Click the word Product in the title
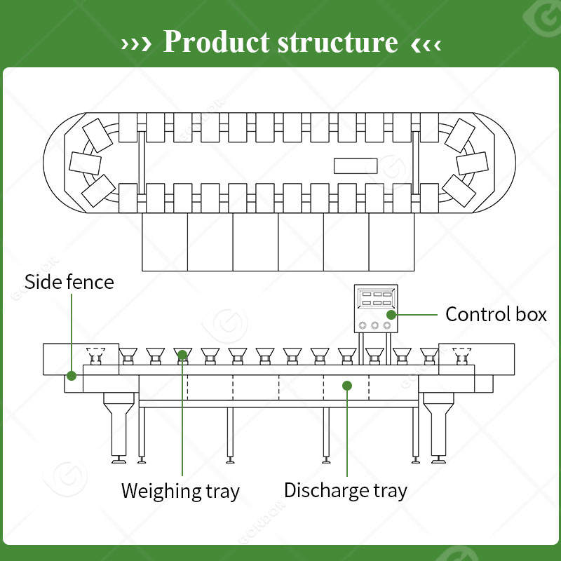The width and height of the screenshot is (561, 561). [216, 42]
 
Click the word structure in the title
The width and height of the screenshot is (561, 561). [338, 43]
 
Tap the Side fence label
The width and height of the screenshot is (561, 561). [69, 282]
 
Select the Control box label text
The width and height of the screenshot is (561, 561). [496, 314]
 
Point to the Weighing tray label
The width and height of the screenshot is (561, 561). [180, 491]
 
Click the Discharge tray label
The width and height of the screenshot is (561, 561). [346, 490]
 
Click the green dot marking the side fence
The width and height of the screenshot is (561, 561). [72, 376]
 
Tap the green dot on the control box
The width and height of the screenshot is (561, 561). [391, 315]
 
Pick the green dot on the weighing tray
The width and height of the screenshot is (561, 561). [182, 355]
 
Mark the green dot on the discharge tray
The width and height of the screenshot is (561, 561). [347, 385]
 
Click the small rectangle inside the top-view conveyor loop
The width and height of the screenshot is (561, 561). [356, 166]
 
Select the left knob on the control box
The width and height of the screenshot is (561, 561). [363, 325]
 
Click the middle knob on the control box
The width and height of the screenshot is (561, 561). [374, 325]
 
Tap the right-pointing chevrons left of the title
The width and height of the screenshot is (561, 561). [136, 44]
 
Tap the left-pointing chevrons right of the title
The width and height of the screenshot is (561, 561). [426, 45]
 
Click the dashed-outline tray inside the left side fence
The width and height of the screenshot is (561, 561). [95, 356]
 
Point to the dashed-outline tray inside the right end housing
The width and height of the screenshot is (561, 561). [461, 356]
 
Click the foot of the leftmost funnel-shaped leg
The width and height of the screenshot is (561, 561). [119, 460]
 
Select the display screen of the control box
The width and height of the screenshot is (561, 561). [376, 299]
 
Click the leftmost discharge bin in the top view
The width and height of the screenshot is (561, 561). [165, 242]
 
